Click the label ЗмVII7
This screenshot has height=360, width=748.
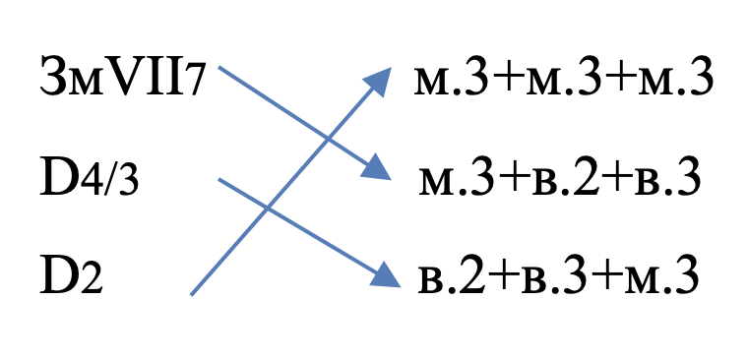click(123, 77)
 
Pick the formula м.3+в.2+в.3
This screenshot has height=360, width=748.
click(560, 177)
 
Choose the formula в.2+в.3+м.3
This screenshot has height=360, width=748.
click(558, 275)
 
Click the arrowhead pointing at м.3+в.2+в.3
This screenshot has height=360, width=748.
click(377, 169)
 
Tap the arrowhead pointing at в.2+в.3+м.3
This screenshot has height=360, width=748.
click(385, 276)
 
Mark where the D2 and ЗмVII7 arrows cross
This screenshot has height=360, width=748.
click(328, 140)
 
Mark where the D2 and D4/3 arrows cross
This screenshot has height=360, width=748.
click(268, 208)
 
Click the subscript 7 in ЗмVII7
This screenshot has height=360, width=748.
click(195, 83)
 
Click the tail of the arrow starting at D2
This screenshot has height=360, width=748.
click(192, 295)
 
